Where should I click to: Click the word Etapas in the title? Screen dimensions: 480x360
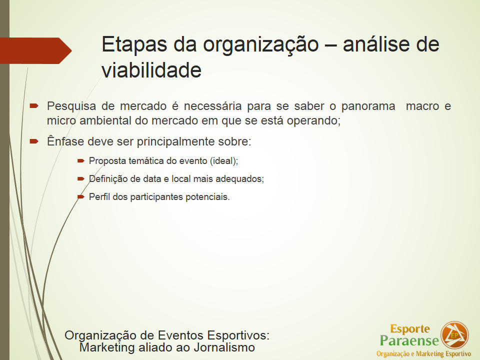point(134,44)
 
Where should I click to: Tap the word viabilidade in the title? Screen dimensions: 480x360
point(151,70)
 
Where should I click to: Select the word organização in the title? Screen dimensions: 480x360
point(261,45)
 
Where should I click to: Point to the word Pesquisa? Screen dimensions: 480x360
point(71,106)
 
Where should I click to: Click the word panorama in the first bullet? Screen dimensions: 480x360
point(368,106)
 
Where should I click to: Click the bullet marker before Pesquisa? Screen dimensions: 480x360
point(34,106)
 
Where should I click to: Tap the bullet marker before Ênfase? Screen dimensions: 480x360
point(34,141)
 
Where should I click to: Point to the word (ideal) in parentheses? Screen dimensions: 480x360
point(224,161)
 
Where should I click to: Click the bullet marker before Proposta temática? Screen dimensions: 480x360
point(81,160)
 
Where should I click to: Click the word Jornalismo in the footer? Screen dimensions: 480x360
point(224,347)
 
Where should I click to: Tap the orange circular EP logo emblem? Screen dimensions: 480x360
point(454,335)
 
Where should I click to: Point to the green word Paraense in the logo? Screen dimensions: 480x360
point(409,340)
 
